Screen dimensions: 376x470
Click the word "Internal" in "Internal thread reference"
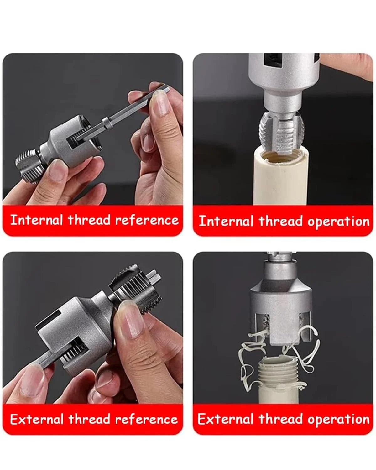point(36,220)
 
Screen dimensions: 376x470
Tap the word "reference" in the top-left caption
point(147,220)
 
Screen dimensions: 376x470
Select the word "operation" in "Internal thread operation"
point(339,222)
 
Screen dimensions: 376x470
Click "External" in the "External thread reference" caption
point(37,419)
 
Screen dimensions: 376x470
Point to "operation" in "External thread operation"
point(339,420)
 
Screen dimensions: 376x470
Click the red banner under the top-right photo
point(283,221)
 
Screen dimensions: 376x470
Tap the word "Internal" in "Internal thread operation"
point(226,221)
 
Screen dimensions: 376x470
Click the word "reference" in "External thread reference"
point(147,419)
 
